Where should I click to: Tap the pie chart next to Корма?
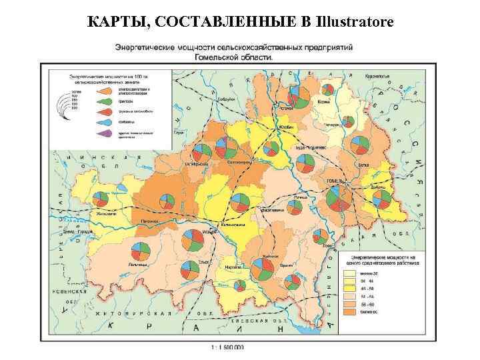pos(327,91)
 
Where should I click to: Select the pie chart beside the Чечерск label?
pos(347,121)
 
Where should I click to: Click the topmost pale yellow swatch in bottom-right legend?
pos(349,273)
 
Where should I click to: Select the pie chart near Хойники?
pos(259,267)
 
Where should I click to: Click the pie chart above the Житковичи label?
pos(101,199)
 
